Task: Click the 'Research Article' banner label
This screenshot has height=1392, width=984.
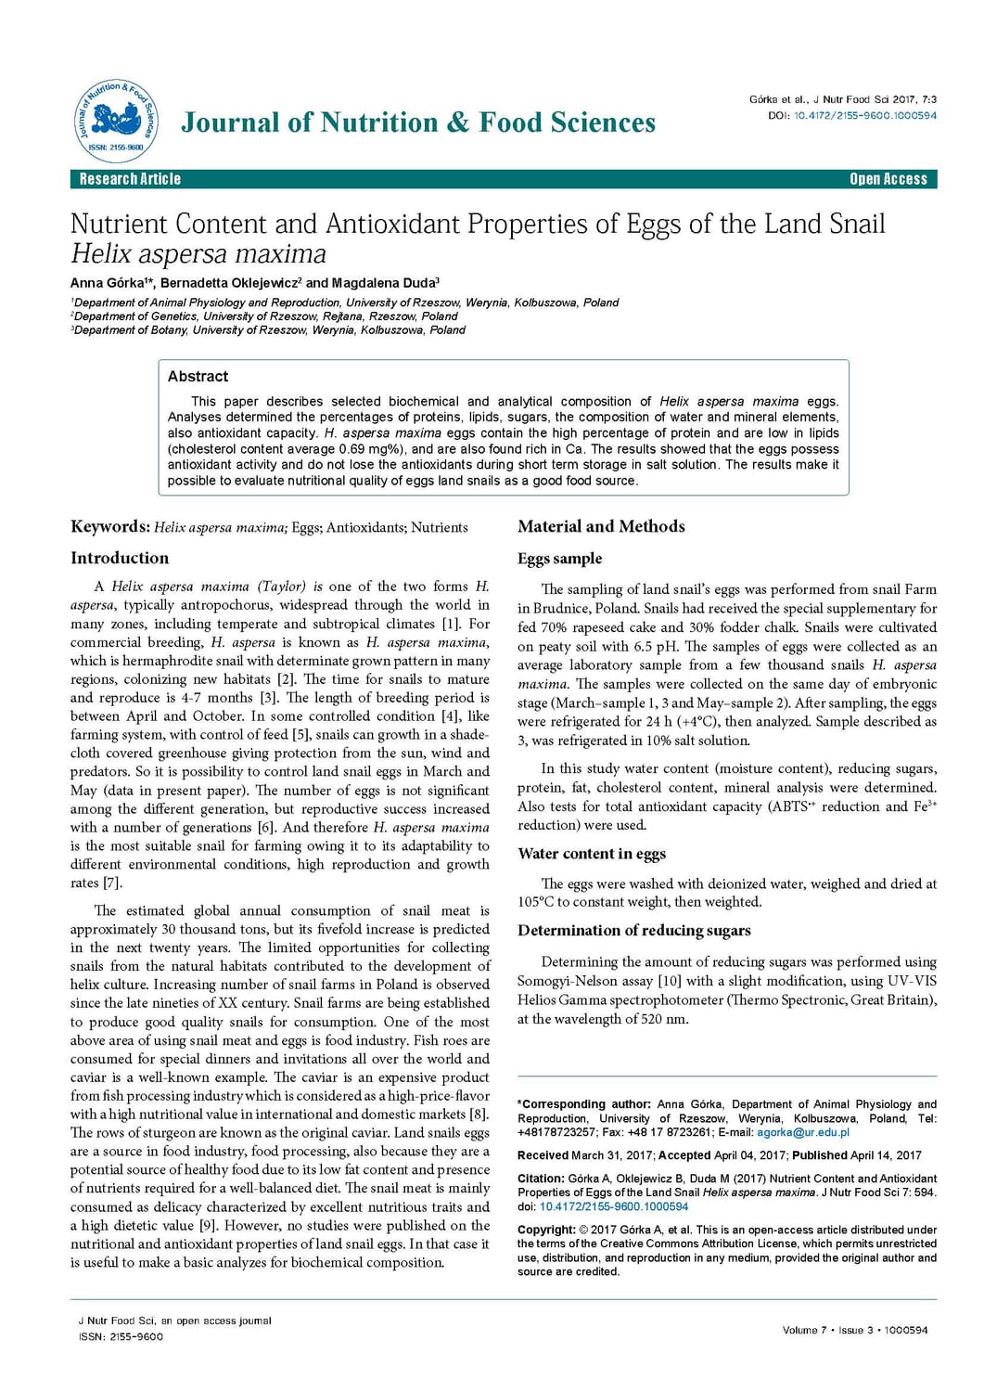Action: pos(130,179)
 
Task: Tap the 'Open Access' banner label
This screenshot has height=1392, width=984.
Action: pos(888,179)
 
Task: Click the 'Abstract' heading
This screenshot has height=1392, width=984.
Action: pos(198,376)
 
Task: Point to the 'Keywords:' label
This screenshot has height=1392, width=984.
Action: pos(109,526)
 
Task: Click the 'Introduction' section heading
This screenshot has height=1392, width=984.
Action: pos(120,558)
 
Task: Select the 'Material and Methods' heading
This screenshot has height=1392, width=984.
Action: pos(601,526)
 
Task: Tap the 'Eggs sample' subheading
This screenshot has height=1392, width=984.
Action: pos(559,558)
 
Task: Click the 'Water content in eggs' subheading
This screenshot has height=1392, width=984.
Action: pos(592,853)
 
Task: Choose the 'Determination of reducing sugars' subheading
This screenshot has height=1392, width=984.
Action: pos(634,930)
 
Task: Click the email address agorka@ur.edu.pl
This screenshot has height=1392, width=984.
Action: pos(802,1132)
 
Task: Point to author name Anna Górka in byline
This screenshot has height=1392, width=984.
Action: pos(108,283)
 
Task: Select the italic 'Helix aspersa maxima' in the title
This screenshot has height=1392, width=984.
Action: pos(198,253)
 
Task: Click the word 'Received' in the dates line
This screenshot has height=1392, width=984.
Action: pos(543,1155)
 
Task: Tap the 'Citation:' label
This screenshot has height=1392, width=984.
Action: pos(541,1179)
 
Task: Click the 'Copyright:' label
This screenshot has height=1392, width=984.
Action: pos(546,1230)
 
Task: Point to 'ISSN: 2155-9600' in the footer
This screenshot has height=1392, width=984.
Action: pos(121,1336)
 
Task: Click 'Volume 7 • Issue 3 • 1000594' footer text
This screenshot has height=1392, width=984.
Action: pos(854,1330)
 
